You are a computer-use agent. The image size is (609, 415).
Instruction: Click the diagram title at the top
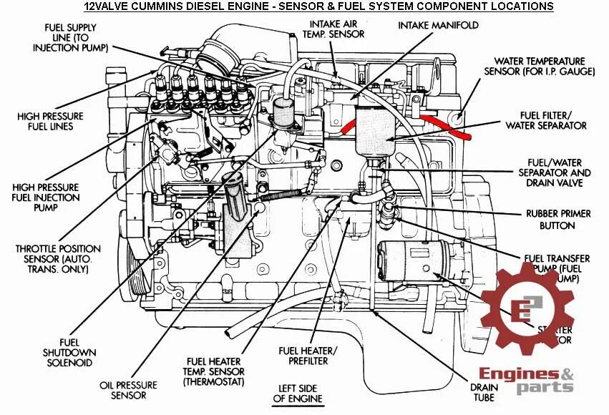[x=318, y=6]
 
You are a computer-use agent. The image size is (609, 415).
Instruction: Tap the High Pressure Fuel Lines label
[x=52, y=121]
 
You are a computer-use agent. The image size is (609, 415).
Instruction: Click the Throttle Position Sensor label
[x=58, y=259]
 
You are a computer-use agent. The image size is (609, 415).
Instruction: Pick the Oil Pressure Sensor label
[x=123, y=390]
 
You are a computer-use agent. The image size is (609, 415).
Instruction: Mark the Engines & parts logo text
[x=527, y=380]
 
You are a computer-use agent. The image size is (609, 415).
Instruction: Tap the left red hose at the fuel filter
[x=349, y=127]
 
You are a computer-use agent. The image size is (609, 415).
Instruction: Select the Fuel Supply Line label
[x=72, y=36]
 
